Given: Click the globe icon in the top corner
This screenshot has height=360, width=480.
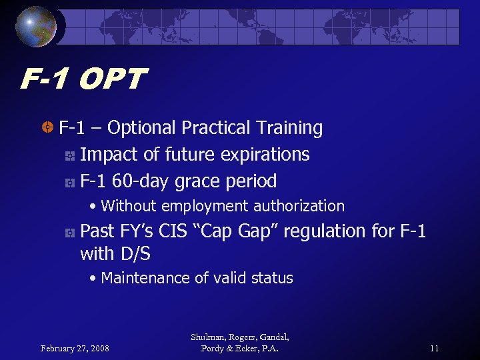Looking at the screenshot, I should click(x=36, y=27).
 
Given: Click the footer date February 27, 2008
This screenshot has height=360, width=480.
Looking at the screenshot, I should click(x=74, y=349).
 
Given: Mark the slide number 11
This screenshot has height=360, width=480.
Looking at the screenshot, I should click(x=434, y=349).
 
